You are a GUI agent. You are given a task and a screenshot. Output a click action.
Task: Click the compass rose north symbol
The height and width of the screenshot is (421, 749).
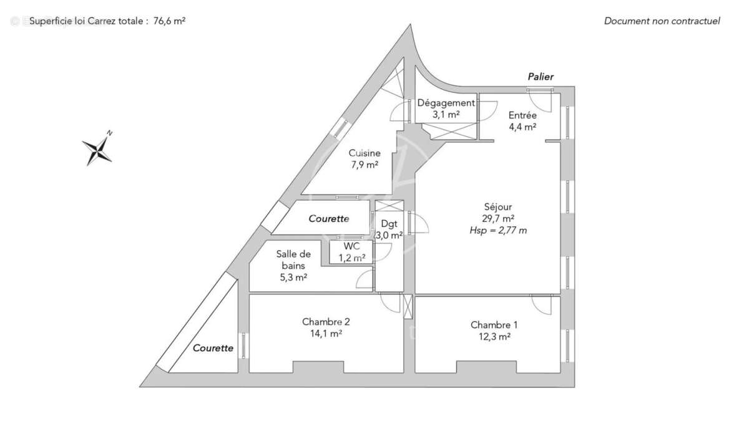pos(97,150)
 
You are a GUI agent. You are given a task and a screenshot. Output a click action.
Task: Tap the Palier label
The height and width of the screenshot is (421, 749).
pos(541,77)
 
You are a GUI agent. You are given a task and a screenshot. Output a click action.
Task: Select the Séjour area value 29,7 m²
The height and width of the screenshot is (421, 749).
pos(499,218)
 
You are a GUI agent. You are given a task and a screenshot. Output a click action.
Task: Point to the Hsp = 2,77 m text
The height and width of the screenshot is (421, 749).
pos(499,230)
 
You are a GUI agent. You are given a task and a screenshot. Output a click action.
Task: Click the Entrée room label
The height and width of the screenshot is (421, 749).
pos(522,115)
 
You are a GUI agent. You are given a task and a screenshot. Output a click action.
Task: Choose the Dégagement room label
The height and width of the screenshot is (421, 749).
pos(446,103)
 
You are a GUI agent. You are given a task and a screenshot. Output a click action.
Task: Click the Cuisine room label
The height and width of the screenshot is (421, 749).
pos(363,153)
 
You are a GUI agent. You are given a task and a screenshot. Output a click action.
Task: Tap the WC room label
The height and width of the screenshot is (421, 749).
pos(351,246)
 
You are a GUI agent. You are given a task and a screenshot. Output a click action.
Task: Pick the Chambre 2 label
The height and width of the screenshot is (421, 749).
pos(326,322)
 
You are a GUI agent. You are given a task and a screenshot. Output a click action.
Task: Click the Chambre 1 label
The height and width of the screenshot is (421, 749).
pos(494,325)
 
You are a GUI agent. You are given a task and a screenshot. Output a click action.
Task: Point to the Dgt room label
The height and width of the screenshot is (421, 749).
pos(389,224)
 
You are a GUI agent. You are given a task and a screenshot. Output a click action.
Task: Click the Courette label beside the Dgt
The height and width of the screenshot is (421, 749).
pos(329,219)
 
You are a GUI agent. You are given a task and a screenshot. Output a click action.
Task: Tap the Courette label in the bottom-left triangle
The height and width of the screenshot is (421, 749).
pos(213,348)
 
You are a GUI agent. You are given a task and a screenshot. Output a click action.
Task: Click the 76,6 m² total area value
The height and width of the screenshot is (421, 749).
pos(169,21)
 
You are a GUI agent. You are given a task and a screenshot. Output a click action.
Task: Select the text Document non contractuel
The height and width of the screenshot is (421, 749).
pos(662,21)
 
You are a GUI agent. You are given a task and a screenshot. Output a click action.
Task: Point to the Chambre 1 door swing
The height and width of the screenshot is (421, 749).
pos(542,305)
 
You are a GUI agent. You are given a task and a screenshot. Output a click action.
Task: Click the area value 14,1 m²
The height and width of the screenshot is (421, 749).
pos(326,334)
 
